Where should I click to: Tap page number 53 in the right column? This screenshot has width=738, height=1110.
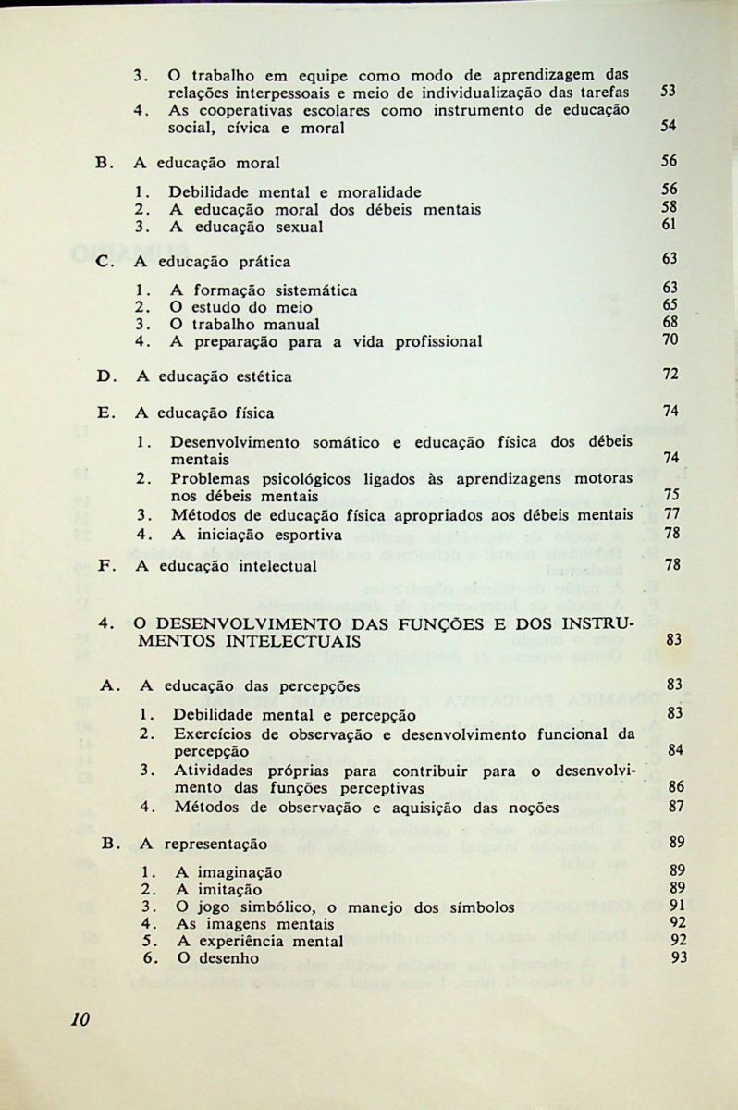point(670,92)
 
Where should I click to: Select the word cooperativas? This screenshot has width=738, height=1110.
point(240,110)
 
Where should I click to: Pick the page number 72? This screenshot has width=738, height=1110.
point(670,375)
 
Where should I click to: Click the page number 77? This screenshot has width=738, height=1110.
point(672,514)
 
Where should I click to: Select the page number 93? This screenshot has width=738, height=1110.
point(680,957)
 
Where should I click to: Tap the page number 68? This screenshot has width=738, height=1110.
point(670,323)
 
